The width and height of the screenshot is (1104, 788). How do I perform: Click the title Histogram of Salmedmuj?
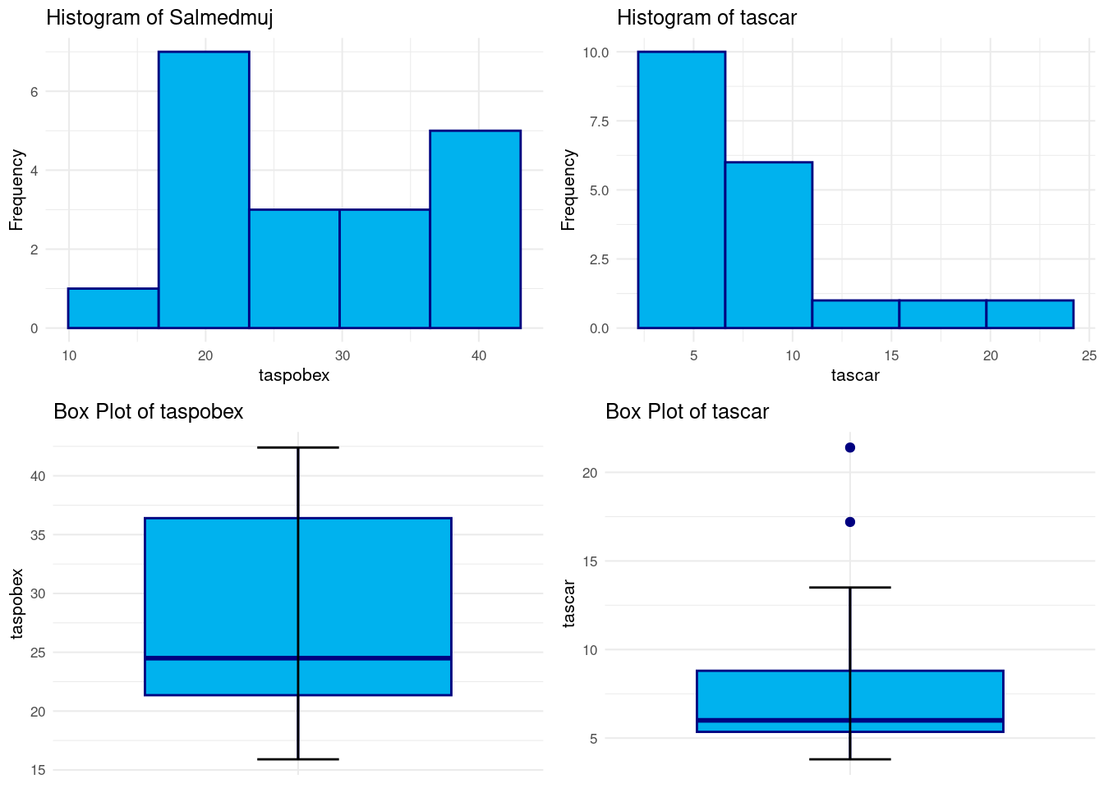(x=159, y=18)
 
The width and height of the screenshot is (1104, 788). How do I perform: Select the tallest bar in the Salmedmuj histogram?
(x=204, y=190)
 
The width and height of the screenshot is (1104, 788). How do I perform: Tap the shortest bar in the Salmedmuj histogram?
(x=113, y=308)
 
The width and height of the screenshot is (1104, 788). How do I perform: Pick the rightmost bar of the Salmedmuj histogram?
(x=475, y=229)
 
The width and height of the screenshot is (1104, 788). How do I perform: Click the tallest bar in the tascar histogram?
(x=681, y=190)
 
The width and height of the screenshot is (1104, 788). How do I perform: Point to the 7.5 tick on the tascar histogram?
(x=599, y=121)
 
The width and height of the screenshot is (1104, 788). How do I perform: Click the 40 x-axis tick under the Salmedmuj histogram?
(x=479, y=355)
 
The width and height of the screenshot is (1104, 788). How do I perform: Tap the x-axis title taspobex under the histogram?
(x=294, y=376)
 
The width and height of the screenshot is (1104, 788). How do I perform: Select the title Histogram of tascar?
(x=706, y=18)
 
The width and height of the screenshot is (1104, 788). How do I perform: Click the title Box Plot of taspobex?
(x=149, y=412)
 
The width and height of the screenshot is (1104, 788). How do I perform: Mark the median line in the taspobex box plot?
(x=297, y=658)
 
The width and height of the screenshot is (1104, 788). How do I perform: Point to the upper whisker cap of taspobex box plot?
(x=297, y=447)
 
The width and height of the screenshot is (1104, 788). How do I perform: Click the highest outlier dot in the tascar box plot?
(x=850, y=447)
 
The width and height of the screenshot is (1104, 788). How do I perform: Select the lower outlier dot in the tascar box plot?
(x=850, y=522)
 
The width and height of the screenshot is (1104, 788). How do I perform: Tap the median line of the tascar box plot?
(x=850, y=721)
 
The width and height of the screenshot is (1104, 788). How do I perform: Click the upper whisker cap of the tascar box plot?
(x=850, y=588)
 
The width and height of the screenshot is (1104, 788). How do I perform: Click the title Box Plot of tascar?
(x=687, y=412)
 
